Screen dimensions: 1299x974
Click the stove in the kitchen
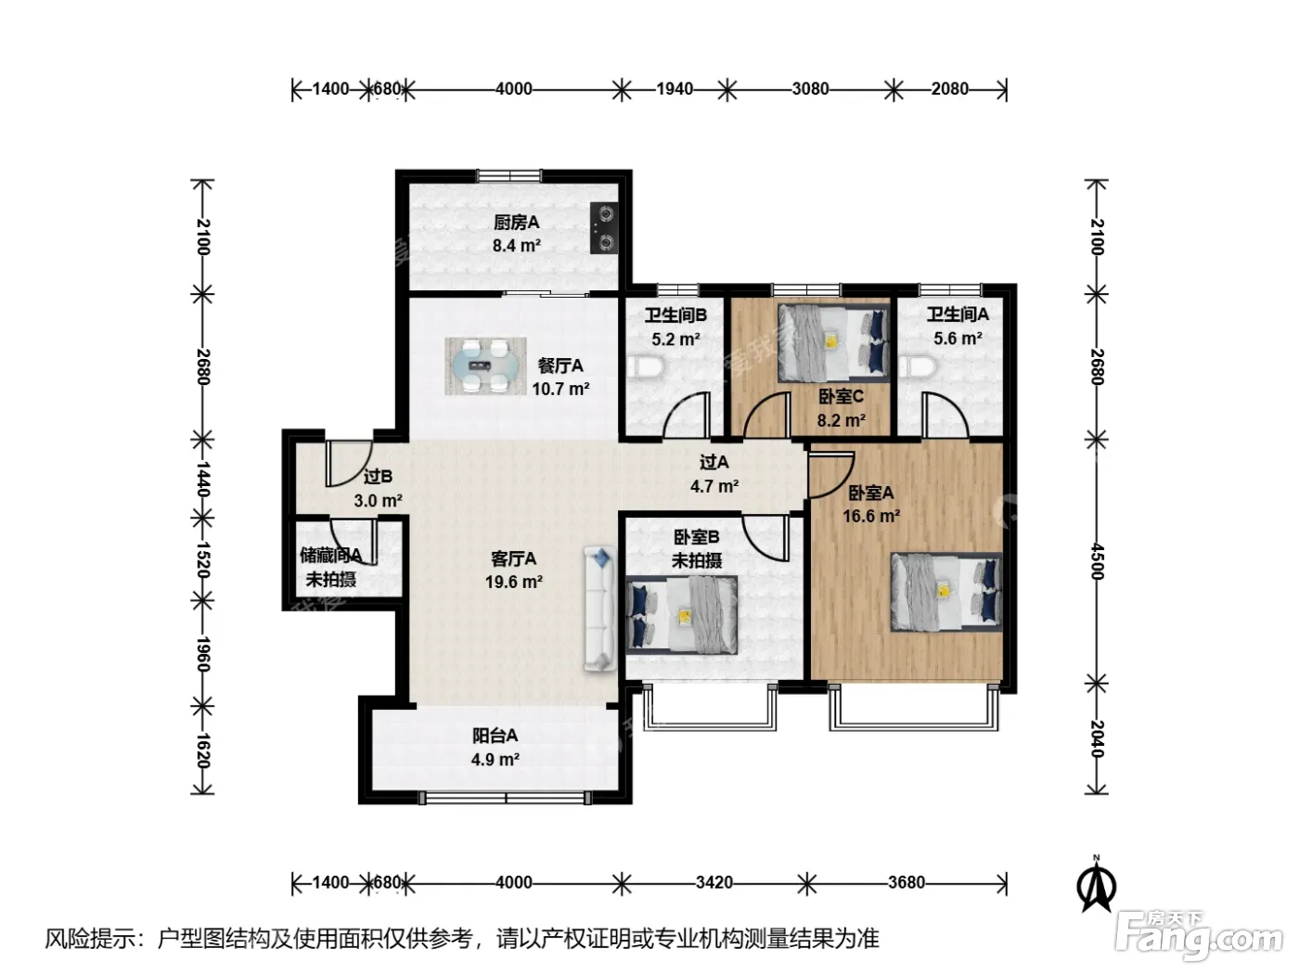point(604,228)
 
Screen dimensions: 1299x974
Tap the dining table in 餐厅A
point(485,366)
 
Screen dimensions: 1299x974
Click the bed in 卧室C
point(834,343)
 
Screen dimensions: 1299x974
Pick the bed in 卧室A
point(946,592)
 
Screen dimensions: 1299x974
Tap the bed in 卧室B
point(682,614)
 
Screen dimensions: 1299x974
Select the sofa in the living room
point(600,609)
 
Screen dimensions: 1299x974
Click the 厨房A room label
point(517,223)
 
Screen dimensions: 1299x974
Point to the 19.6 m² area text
point(514,582)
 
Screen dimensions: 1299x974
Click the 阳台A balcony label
point(495,735)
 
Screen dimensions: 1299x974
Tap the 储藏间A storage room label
point(331,555)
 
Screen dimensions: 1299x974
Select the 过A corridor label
point(714,462)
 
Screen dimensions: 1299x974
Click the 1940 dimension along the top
point(675,89)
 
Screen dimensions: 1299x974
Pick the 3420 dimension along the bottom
point(714,882)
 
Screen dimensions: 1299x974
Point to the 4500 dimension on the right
point(1097,562)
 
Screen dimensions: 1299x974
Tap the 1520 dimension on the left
point(203,559)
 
